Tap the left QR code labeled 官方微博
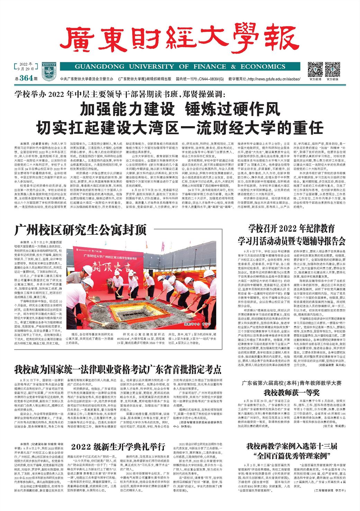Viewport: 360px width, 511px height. pos(315,69)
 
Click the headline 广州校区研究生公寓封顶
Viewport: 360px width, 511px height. pos(81,230)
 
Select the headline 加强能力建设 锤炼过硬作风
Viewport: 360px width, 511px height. pos(180,110)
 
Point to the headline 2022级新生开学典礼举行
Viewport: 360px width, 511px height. pos(118,446)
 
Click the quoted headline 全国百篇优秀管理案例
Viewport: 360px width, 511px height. pos(291,455)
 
